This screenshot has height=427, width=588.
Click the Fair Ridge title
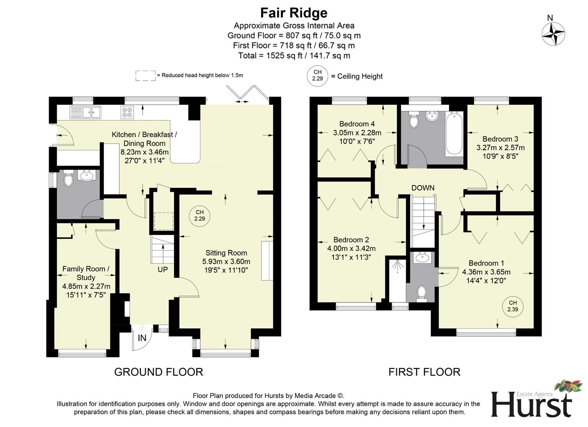tap(293, 13)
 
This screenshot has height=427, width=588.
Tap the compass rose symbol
tap(553, 34)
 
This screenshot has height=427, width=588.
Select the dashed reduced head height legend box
tap(145, 76)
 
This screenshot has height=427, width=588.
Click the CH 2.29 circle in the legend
tap(317, 75)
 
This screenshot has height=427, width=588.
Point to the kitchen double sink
tap(85, 112)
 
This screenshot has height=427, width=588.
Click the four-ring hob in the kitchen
tap(127, 112)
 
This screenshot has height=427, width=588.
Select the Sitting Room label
tap(226, 253)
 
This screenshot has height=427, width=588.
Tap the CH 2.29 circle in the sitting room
tap(200, 216)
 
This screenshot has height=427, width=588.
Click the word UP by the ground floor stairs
tap(162, 270)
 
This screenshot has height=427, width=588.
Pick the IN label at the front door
tap(142, 338)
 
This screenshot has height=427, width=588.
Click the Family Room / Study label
tap(86, 273)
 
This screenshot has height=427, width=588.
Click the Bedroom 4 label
tap(357, 124)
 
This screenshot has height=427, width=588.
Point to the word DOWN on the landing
tap(422, 188)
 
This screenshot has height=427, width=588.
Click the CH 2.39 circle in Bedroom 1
tap(512, 306)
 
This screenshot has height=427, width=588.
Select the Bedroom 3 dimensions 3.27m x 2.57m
tap(500, 148)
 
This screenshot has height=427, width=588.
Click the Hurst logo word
tap(531, 405)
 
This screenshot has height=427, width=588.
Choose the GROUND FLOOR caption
tap(158, 372)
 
